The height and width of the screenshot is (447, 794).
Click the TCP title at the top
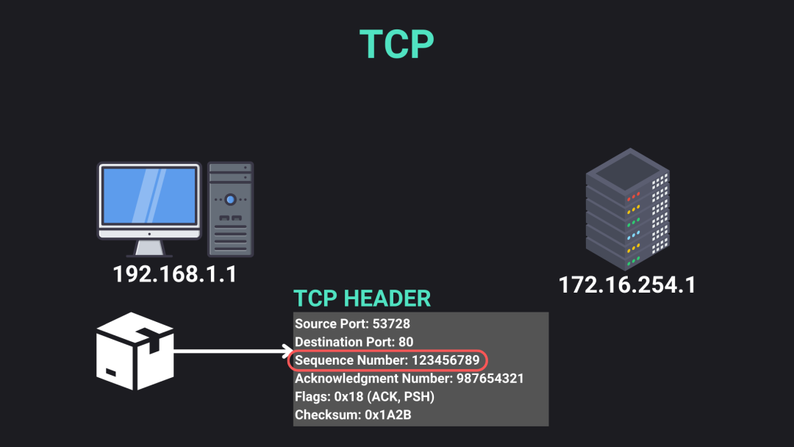coord(396,44)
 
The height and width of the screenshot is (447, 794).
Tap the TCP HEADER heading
coord(362,298)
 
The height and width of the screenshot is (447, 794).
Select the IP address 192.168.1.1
coord(175,274)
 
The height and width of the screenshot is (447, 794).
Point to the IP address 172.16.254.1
coord(627,285)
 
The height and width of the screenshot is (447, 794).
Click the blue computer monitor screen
coord(149,196)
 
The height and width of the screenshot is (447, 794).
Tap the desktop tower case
coord(230,209)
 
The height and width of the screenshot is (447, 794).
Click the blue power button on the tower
coord(230,199)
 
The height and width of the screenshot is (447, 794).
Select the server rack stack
coord(627,209)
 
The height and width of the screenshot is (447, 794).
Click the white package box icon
coord(135,351)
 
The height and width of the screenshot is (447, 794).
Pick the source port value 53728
coord(391,324)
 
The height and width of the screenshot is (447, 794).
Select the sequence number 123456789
coord(445,360)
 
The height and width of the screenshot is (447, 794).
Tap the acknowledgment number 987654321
coord(490,379)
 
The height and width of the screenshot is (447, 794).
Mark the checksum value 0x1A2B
coord(388,415)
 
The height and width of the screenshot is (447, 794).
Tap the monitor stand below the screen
coord(149,248)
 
